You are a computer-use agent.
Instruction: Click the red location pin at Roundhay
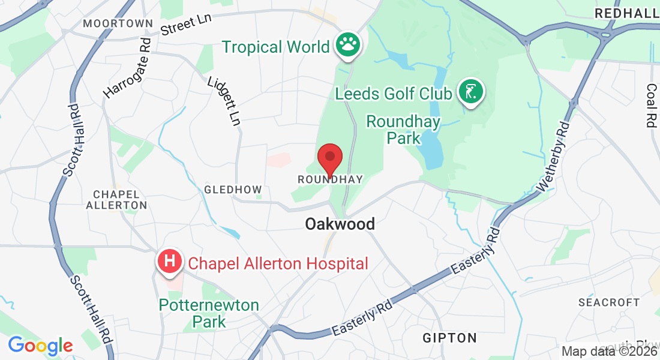click(330, 157)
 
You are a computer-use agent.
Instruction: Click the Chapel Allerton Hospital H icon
click(170, 262)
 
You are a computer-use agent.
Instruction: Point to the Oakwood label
click(340, 224)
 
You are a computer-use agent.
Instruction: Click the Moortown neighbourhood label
click(118, 23)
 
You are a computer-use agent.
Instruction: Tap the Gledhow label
click(233, 190)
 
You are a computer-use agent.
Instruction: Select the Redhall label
click(626, 13)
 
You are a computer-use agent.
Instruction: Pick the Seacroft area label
click(609, 302)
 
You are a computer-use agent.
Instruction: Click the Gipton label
click(449, 338)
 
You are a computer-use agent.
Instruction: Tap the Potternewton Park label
click(209, 313)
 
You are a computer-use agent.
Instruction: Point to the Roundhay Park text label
click(403, 130)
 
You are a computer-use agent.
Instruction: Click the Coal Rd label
click(651, 106)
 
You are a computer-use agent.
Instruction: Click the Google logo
click(40, 346)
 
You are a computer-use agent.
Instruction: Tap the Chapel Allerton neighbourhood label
click(116, 200)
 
